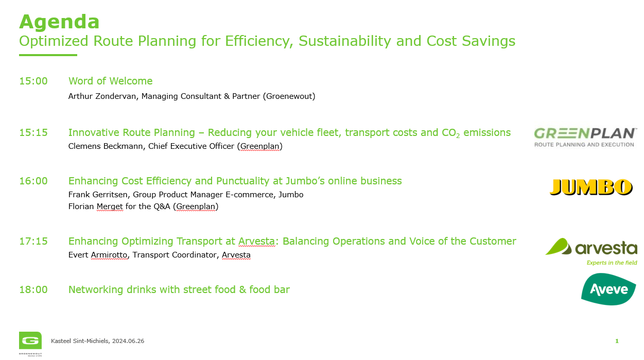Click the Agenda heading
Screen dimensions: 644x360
(x=59, y=22)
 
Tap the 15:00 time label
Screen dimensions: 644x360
(x=33, y=81)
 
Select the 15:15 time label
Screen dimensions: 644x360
(x=33, y=132)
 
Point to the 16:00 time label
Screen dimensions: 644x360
(x=33, y=181)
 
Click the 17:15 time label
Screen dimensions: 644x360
(x=33, y=241)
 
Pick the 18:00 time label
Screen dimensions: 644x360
(x=33, y=289)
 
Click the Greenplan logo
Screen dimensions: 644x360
(x=585, y=138)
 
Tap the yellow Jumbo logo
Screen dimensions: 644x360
(x=591, y=187)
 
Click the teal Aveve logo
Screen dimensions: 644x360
(x=608, y=289)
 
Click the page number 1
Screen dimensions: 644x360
(x=617, y=341)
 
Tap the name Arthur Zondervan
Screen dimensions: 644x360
(x=102, y=96)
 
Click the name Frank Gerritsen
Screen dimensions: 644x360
(x=98, y=195)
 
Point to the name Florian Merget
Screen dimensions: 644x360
(x=96, y=207)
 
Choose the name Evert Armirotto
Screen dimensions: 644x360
(x=98, y=255)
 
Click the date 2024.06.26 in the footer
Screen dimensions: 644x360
(x=128, y=341)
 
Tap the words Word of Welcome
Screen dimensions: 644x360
(x=110, y=81)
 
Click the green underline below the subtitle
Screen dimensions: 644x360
(x=48, y=55)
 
